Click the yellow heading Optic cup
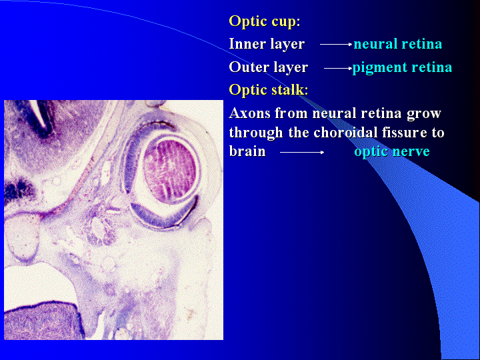point(263,22)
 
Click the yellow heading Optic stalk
point(267,90)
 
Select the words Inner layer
point(267,45)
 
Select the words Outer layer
point(269,67)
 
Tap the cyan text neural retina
point(397,44)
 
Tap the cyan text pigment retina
point(402,67)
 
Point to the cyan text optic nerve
point(392,151)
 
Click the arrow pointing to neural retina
point(336,45)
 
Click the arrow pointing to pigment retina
point(338,68)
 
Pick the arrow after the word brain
point(302,152)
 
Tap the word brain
point(247,151)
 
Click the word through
point(256,133)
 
